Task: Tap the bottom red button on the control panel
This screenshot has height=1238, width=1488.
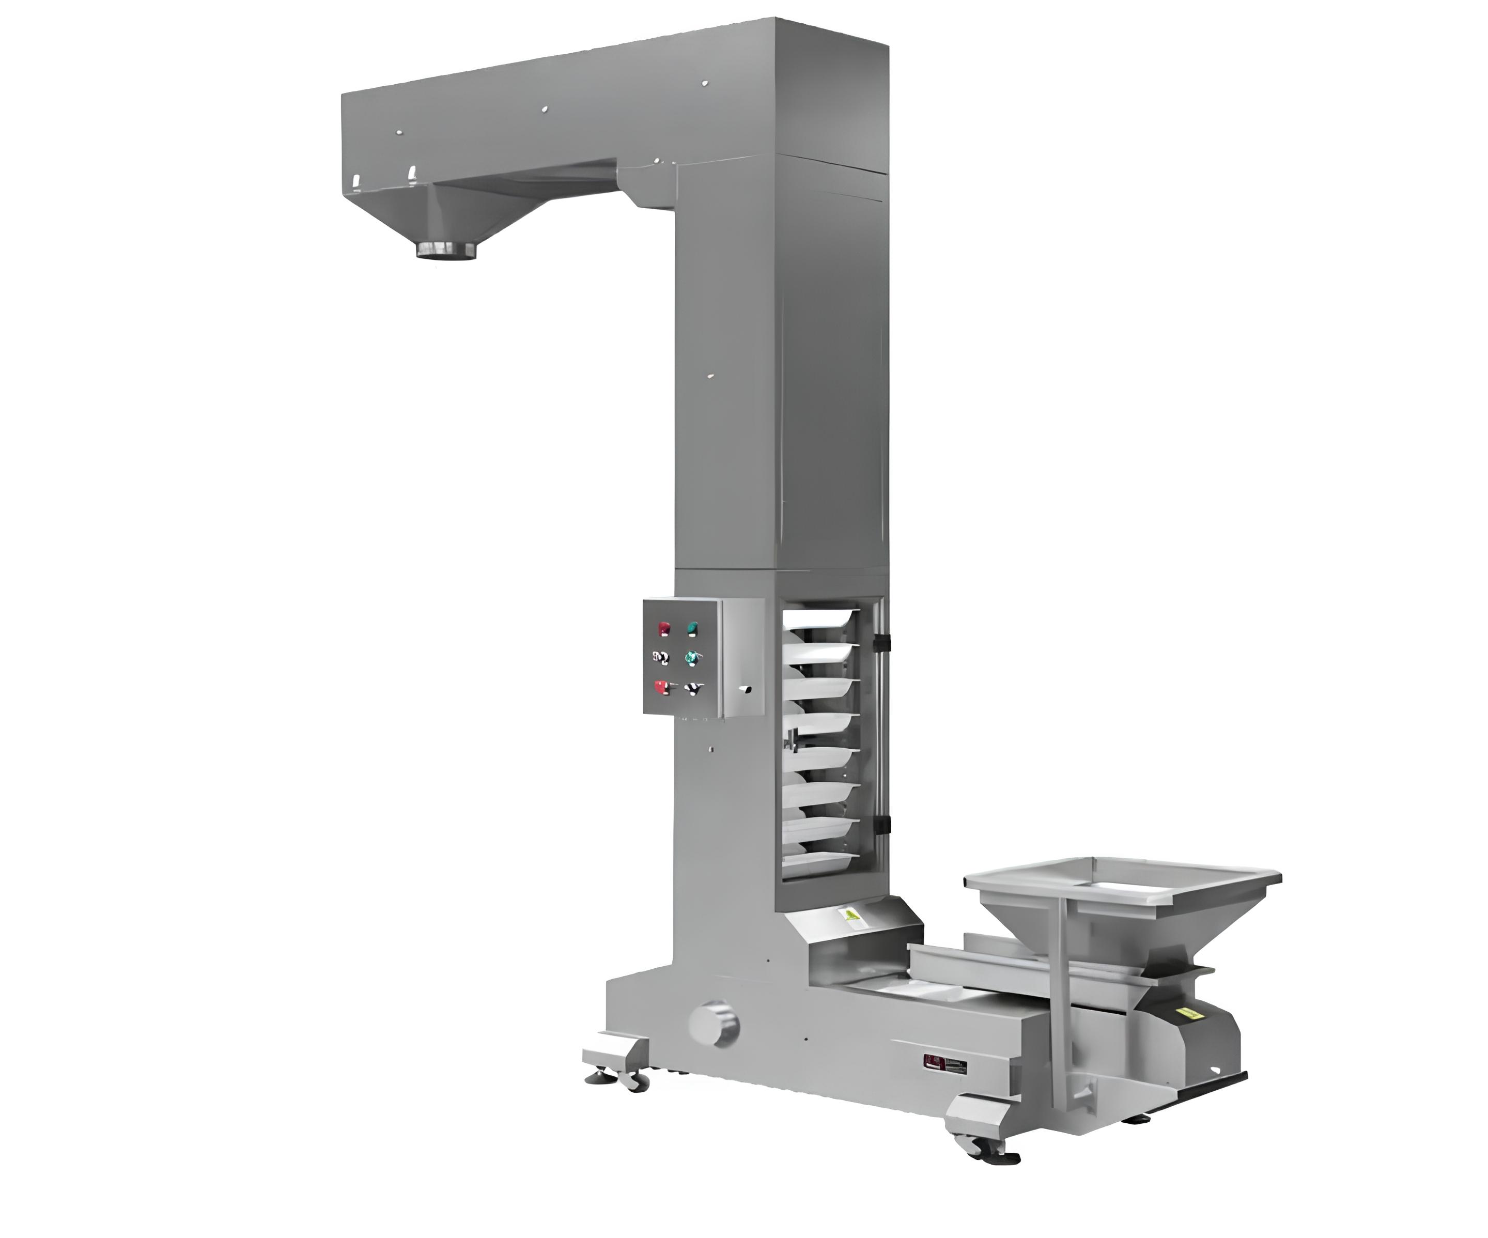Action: [662, 687]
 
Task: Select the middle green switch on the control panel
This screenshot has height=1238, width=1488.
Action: [691, 658]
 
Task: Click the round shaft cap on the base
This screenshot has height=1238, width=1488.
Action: [714, 1023]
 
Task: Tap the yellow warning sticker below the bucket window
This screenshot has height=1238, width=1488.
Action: [849, 915]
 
